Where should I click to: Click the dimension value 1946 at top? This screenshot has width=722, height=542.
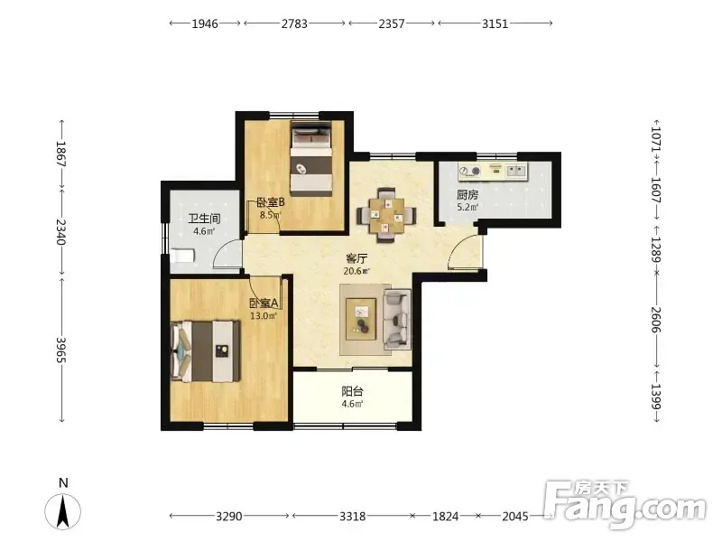pos(205,23)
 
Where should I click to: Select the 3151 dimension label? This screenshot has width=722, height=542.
pos(495,23)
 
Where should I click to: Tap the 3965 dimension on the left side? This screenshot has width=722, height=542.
pos(61,350)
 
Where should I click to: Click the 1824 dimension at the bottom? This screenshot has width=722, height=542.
pos(445,516)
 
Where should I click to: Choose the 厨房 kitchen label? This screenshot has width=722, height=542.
pos(467,195)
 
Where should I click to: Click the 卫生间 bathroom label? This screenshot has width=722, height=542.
pos(204,219)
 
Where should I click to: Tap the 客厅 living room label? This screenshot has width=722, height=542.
pos(356,258)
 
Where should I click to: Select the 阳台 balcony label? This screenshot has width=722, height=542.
pos(352,391)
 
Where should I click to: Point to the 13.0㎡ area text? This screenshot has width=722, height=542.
pos(264,315)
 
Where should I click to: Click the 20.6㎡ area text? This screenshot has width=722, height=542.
pos(356,271)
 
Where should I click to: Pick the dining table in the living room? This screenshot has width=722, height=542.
pos(387,215)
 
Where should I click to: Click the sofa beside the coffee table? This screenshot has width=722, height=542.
pos(397,319)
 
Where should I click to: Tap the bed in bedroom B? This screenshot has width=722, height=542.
pos(311,158)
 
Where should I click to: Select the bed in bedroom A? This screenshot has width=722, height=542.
pos(206,351)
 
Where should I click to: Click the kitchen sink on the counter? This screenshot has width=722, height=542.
pos(516,171)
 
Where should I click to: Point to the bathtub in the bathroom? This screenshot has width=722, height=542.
pos(183,256)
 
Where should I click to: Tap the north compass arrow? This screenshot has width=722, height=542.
pos(62,510)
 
